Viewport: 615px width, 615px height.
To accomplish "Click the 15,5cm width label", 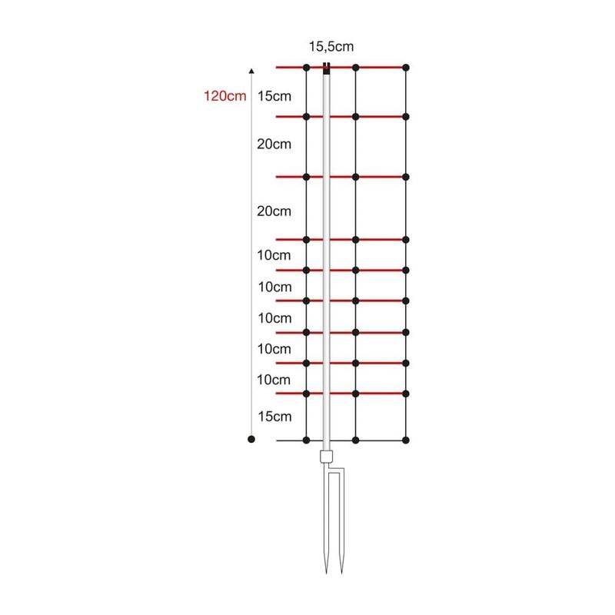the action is pyautogui.click(x=331, y=47).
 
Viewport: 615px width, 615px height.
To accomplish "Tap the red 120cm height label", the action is pyautogui.click(x=224, y=95).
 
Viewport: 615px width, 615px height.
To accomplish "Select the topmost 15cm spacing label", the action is pyautogui.click(x=274, y=96).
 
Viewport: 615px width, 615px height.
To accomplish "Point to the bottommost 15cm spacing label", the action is pyautogui.click(x=274, y=416).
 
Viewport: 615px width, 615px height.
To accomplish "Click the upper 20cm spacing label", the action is pyautogui.click(x=274, y=144).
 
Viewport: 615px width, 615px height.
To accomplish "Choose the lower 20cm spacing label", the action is pyautogui.click(x=274, y=211).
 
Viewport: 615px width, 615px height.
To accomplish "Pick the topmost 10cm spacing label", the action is pyautogui.click(x=274, y=255).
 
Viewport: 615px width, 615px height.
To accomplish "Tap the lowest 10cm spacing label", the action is pyautogui.click(x=274, y=380).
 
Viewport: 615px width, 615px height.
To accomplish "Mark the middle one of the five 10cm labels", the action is pyautogui.click(x=274, y=318).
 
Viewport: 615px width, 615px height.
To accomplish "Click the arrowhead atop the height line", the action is pyautogui.click(x=251, y=71).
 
